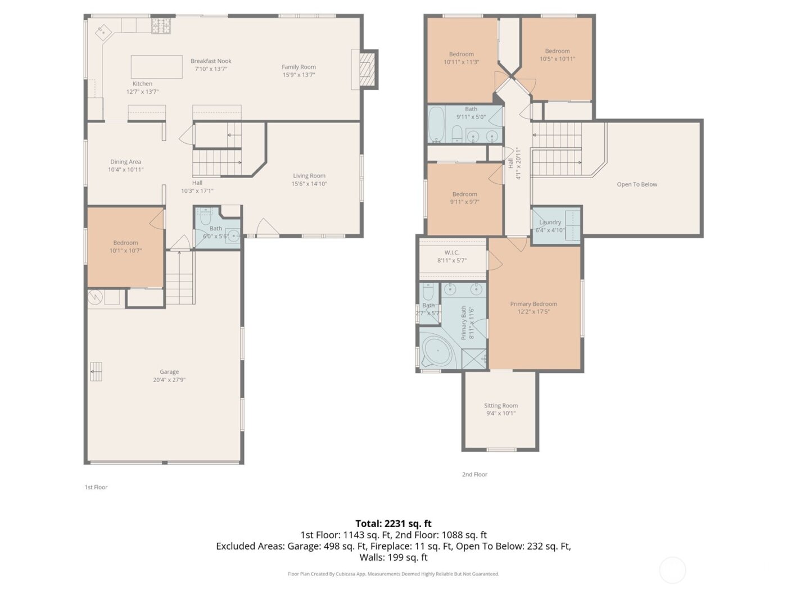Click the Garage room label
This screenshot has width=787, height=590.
(x=169, y=372)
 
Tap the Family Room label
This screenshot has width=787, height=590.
(x=298, y=67)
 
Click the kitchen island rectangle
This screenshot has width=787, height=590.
(x=157, y=66)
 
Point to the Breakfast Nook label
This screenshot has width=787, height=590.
(x=211, y=61)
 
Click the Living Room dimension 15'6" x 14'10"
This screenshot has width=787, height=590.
(x=309, y=184)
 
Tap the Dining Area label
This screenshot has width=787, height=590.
(x=125, y=162)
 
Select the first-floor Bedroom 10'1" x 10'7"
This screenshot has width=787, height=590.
(x=125, y=247)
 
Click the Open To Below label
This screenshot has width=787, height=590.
(x=637, y=184)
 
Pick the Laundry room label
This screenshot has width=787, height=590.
(x=550, y=223)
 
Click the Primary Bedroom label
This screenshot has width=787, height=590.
(x=533, y=304)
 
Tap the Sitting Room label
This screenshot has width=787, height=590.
(x=501, y=406)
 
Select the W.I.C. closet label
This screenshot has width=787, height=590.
(x=452, y=253)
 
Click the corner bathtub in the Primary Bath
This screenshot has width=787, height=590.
(x=438, y=352)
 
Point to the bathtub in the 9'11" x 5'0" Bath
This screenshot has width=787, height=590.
(x=436, y=125)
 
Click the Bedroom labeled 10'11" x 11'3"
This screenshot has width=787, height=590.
(x=462, y=58)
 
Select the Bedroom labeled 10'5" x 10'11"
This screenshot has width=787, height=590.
(x=557, y=55)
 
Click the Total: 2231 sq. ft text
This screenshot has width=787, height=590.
(x=393, y=524)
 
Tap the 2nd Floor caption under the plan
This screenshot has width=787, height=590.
(x=474, y=474)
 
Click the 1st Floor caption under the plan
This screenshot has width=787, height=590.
(x=96, y=487)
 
